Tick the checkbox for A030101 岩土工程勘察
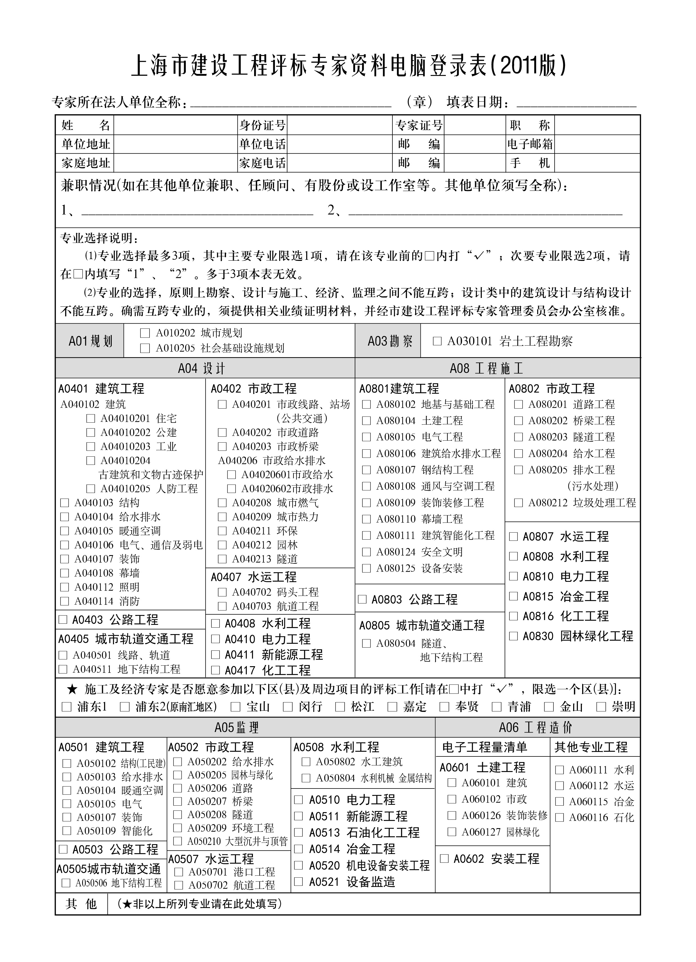[437, 341]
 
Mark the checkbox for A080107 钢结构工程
[366, 470]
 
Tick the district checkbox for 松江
[340, 707]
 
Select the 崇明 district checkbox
[601, 707]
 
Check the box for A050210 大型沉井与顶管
[178, 841]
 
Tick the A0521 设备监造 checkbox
[299, 882]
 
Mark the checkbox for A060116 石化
[559, 817]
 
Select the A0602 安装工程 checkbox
[444, 859]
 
